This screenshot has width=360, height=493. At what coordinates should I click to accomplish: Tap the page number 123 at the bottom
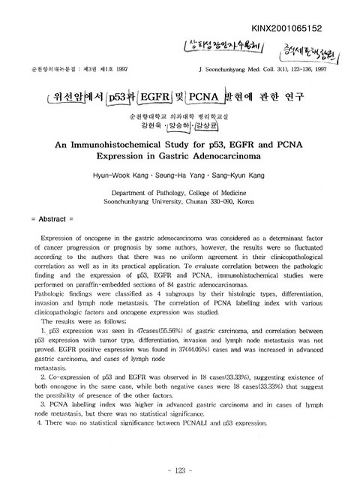[180, 471]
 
